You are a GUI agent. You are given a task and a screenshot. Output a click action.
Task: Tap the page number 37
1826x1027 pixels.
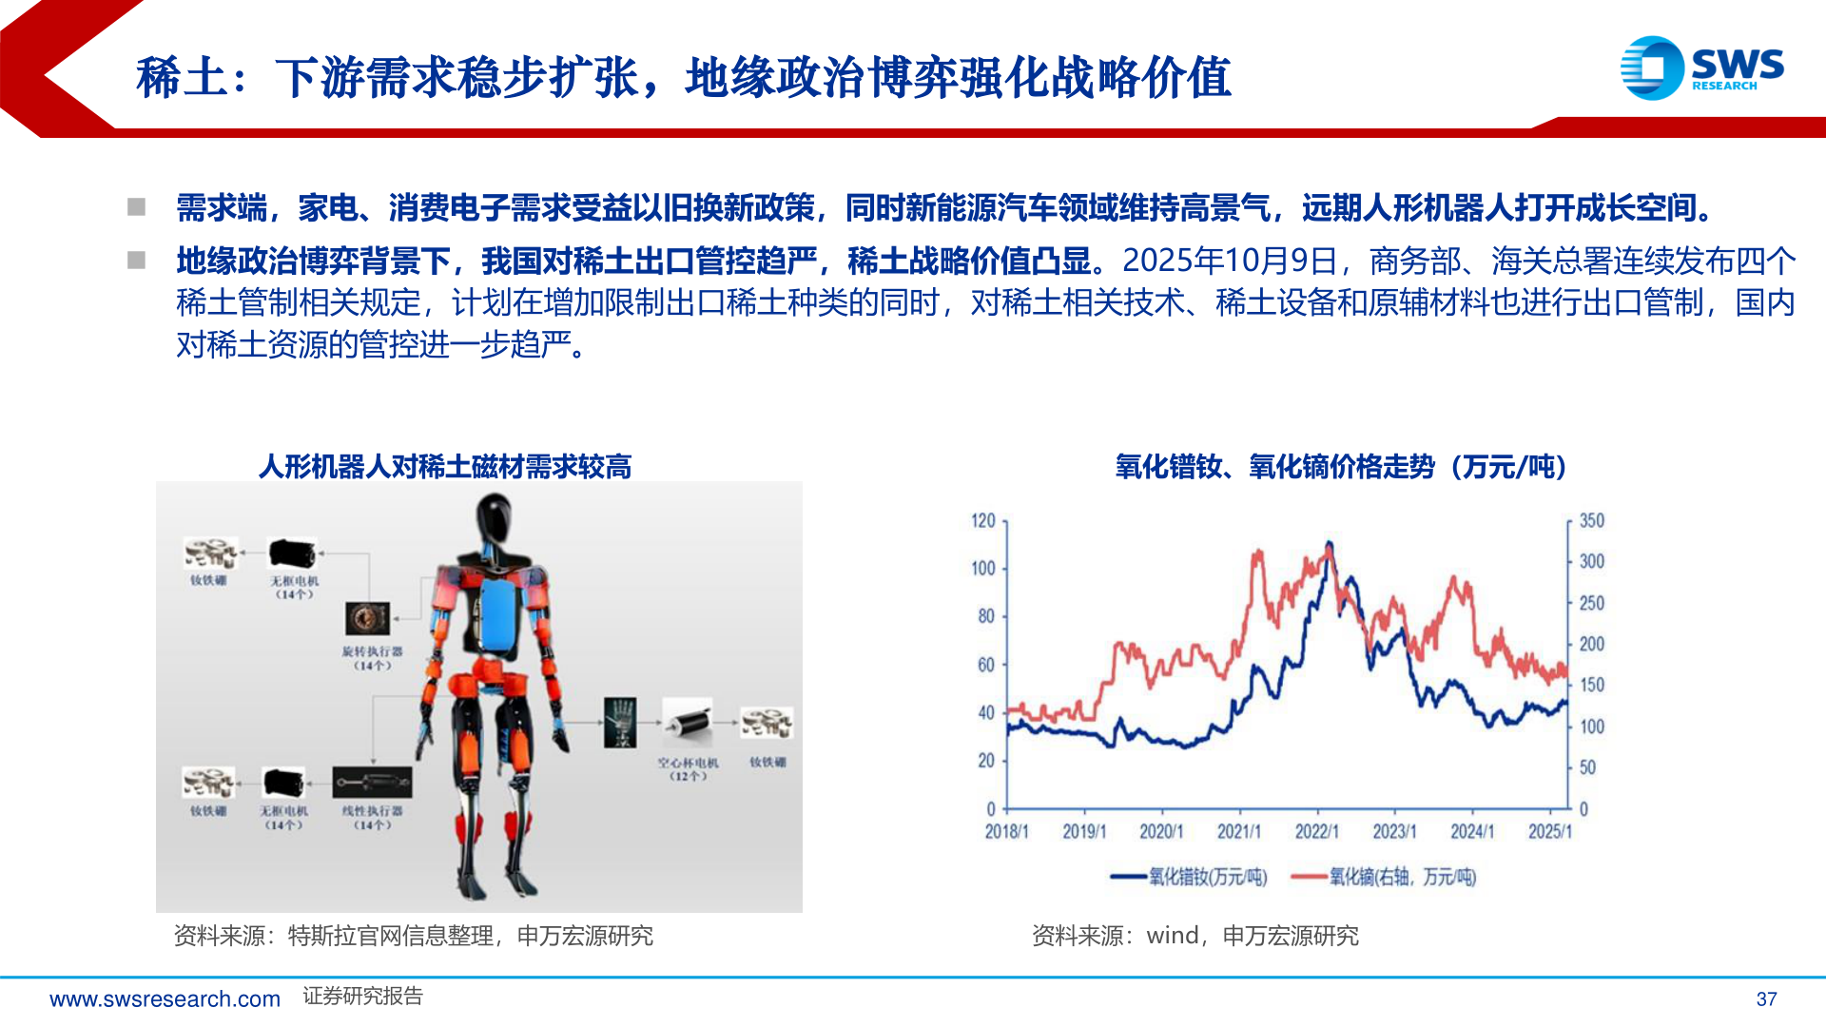click(1766, 998)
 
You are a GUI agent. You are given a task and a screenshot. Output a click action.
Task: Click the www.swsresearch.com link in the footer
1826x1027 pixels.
click(165, 998)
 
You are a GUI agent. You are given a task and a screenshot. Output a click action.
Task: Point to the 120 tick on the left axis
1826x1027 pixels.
click(982, 521)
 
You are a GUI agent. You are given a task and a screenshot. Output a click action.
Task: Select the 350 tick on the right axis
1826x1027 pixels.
click(1591, 521)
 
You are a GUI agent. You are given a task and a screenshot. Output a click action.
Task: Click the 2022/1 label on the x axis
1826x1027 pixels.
click(1316, 832)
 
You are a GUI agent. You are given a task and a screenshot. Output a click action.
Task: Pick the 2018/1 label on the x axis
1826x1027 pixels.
click(1006, 832)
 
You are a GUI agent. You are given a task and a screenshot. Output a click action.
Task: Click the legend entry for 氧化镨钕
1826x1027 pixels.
click(1189, 877)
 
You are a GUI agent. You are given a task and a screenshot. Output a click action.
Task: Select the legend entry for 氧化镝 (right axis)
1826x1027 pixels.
click(1384, 877)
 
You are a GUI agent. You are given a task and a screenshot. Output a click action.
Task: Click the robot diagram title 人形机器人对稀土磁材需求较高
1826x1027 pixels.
click(445, 467)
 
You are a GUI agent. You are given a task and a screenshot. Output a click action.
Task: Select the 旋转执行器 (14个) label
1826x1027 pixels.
click(372, 658)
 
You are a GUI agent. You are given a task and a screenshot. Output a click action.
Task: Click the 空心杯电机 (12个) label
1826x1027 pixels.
click(688, 769)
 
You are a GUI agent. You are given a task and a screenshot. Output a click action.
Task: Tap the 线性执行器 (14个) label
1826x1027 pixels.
click(372, 818)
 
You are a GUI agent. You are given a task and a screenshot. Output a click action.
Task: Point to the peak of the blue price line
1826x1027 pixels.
click(1329, 544)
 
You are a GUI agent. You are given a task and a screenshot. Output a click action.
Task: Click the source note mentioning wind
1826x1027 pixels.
click(1195, 937)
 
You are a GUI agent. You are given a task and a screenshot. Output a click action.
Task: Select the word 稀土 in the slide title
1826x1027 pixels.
click(182, 78)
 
